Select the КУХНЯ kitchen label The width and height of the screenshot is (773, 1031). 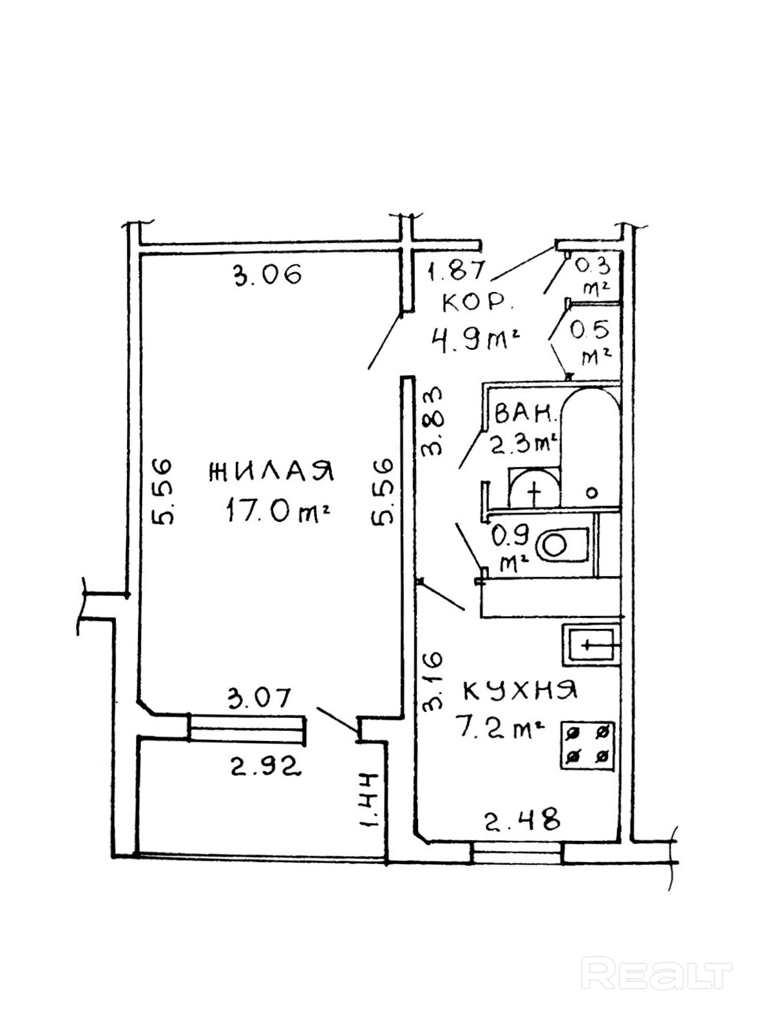point(520,691)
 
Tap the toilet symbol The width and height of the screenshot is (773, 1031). point(561,545)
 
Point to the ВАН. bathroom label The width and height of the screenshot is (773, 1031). point(526,414)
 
